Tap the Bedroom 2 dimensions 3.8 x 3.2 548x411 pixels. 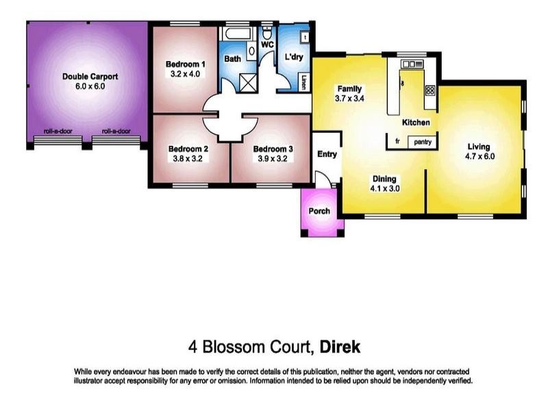pos(188,158)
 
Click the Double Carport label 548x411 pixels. pos(90,77)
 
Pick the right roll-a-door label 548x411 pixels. pos(116,131)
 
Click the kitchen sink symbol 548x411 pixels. pos(413,64)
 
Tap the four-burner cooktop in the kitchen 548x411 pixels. pos(430,90)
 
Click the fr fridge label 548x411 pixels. pos(397,142)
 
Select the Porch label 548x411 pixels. pos(319,212)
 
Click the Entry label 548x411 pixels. pos(327,154)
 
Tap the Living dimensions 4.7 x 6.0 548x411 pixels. pos(479,156)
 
